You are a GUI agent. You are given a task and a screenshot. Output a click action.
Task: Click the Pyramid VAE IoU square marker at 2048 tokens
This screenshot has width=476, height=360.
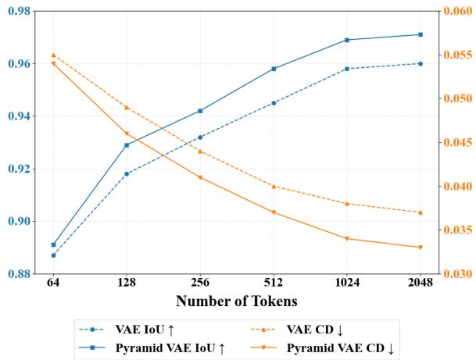click(x=421, y=34)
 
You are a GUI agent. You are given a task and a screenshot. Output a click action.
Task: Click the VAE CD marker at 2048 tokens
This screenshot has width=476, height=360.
click(x=421, y=212)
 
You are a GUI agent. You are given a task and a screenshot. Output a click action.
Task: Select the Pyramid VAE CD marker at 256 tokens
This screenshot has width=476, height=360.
click(x=200, y=177)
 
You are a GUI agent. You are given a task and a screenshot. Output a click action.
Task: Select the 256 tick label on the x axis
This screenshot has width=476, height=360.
click(x=200, y=284)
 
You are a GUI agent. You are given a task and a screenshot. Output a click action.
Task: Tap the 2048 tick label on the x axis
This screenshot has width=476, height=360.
click(x=421, y=284)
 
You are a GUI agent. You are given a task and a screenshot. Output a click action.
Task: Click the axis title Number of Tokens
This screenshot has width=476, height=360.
click(x=237, y=301)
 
